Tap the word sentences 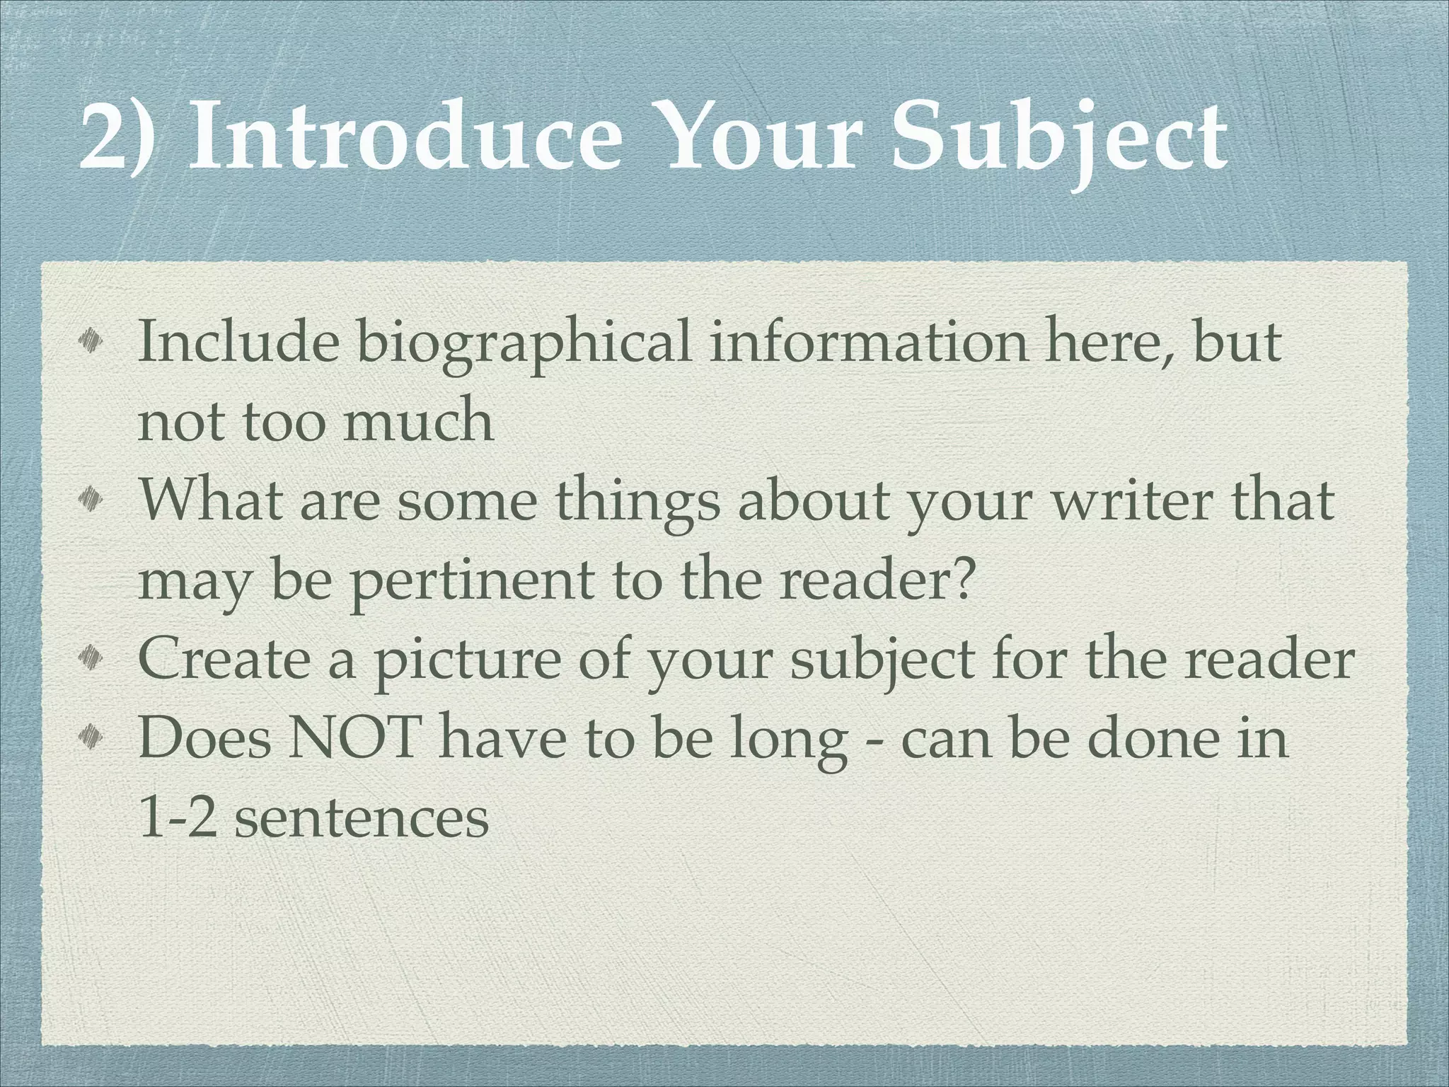(362, 818)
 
